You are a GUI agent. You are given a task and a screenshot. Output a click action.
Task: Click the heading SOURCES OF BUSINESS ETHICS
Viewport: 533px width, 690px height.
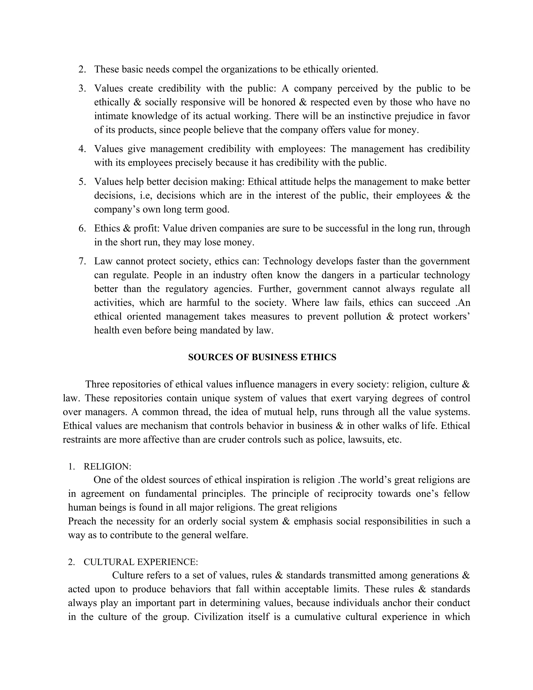pos(262,357)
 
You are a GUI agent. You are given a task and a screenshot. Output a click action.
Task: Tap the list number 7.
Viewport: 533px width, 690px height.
pos(82,261)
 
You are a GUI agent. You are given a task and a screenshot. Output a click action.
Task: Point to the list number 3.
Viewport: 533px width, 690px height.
pos(82,89)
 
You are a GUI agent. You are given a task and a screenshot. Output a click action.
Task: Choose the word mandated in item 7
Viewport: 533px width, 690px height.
pos(220,330)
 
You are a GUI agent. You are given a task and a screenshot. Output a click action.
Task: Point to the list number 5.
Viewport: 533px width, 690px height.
pos(82,182)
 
